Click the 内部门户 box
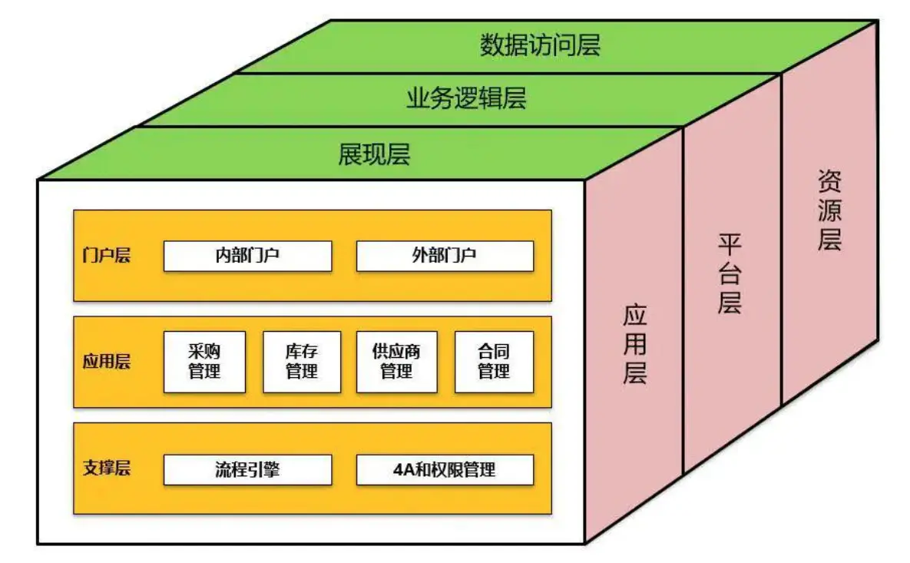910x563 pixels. [247, 256]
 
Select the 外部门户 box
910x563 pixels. [444, 256]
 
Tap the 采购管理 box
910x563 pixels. [204, 362]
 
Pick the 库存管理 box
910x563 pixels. [301, 362]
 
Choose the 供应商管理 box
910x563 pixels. [396, 362]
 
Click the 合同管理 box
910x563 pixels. [493, 362]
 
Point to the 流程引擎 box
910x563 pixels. [247, 469]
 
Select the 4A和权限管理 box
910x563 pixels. [444, 469]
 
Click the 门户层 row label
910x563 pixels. [106, 256]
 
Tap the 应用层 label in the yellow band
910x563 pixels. [106, 362]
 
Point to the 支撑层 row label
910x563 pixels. [106, 469]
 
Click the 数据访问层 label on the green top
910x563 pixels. [540, 45]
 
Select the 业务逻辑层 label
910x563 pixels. [466, 98]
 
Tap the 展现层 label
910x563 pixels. [374, 154]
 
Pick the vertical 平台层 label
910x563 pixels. [729, 274]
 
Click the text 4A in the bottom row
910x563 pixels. [404, 469]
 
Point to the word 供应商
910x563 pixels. [396, 352]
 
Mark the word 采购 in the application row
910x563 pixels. [204, 352]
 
